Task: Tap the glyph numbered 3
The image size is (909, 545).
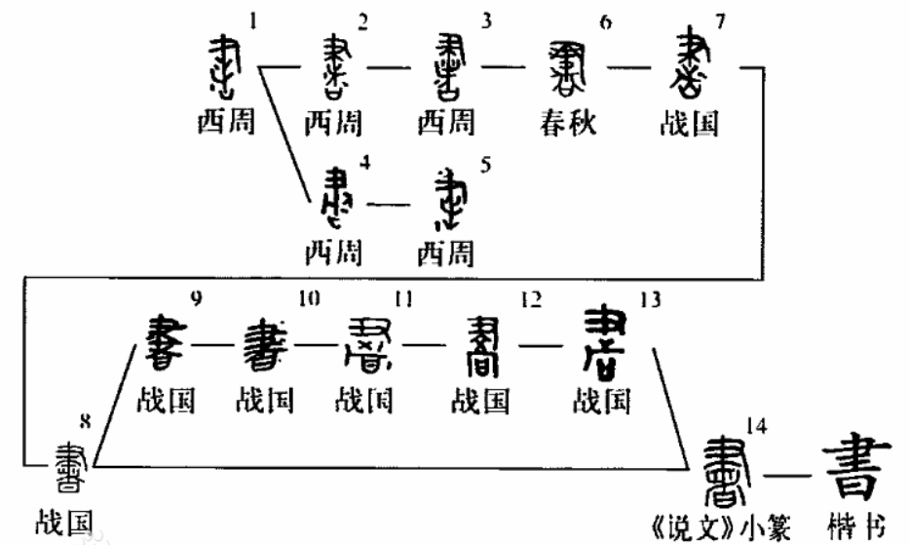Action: (449, 68)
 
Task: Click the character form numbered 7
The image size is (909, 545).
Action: (692, 68)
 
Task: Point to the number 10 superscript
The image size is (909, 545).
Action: (309, 301)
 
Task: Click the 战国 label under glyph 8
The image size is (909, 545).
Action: (62, 524)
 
